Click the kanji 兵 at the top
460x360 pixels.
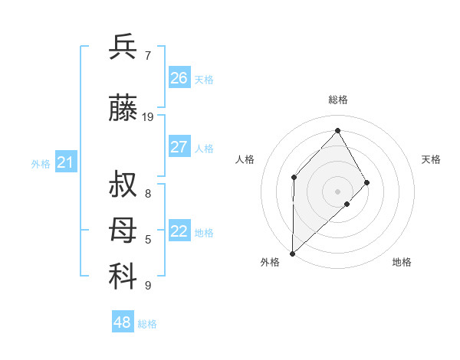(123, 47)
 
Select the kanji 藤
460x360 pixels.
(123, 109)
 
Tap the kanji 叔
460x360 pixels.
(123, 185)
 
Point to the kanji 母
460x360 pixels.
(123, 231)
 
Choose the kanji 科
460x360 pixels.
(123, 277)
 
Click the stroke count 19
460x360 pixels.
(148, 117)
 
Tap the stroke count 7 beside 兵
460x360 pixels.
(148, 56)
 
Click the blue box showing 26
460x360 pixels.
(179, 78)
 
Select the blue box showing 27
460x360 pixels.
(179, 147)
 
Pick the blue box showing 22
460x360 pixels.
(179, 231)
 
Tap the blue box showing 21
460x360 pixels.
(65, 162)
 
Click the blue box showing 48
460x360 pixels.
(122, 322)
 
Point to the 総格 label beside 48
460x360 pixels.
(147, 324)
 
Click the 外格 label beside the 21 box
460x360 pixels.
(40, 164)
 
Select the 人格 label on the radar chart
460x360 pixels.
(245, 159)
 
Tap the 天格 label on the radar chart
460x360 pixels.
(432, 159)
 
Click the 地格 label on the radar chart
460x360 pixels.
(402, 262)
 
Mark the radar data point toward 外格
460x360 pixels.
(292, 253)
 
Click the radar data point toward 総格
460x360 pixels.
(337, 131)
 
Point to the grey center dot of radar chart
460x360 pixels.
(337, 190)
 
